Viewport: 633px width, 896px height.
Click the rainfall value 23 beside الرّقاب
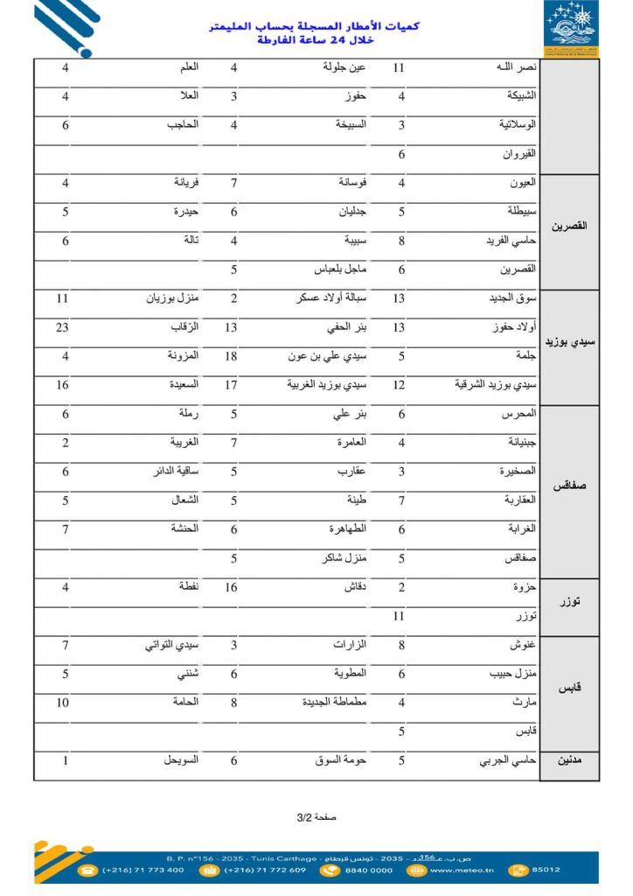pos(63,328)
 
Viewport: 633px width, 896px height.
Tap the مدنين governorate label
pos(573,761)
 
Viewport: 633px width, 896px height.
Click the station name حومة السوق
pos(340,761)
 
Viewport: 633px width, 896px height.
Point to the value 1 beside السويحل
pos(66,761)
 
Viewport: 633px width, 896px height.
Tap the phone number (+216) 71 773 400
pos(143,870)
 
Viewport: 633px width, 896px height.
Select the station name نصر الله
pos(515,67)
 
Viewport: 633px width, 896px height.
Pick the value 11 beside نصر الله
pos(399,67)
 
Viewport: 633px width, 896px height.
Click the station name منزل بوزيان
pos(172,299)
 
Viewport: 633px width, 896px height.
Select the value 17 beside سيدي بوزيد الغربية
pos(233,386)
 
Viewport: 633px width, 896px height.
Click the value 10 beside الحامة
pos(63,703)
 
